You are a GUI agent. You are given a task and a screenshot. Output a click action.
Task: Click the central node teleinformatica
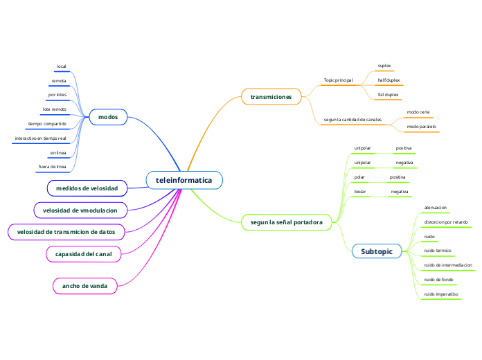point(184,181)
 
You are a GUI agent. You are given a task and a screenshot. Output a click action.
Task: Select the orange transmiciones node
point(271,97)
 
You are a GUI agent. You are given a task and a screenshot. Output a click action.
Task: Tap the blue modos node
point(108,117)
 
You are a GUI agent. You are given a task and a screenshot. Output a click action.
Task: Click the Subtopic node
point(376,251)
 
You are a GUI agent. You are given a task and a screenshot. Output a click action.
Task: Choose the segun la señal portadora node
point(286,222)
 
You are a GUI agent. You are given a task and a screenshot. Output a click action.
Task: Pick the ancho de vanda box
point(85,285)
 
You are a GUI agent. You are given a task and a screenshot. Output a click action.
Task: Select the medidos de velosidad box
point(87,188)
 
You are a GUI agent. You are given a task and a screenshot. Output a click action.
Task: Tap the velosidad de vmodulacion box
point(84,210)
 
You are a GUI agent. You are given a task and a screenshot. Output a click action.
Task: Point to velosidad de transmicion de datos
point(66,231)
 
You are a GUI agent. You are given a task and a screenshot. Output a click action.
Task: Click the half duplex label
point(389,80)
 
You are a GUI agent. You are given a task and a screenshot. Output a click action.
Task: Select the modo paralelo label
point(422,127)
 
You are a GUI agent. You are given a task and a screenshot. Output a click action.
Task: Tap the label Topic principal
point(338,80)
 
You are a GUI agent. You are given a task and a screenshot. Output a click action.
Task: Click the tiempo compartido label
point(47,124)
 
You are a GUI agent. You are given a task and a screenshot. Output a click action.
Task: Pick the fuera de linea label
point(52,167)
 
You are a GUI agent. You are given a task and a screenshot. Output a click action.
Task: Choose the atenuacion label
point(435,207)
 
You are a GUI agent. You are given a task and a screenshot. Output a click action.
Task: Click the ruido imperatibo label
point(440,294)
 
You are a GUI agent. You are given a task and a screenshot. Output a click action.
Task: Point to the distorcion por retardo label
point(446,222)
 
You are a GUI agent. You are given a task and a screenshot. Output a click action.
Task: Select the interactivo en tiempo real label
point(40,138)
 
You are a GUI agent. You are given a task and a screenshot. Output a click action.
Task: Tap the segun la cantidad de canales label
point(352,120)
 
